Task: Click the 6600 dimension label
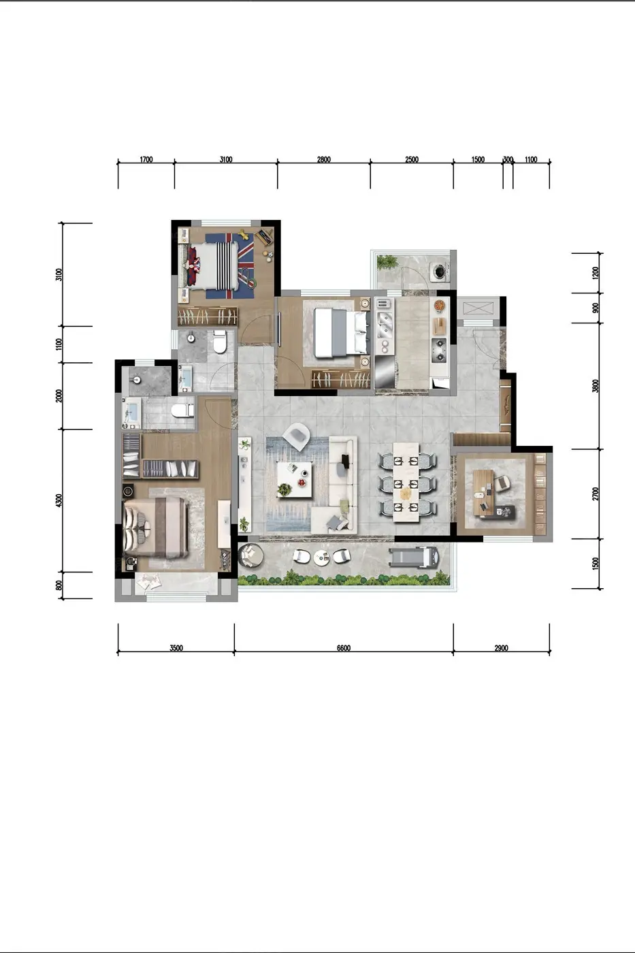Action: [x=343, y=648]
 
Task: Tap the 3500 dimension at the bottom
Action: [x=176, y=648]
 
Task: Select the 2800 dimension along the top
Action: [x=324, y=159]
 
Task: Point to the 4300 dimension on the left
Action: [x=59, y=500]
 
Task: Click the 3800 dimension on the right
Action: [x=596, y=386]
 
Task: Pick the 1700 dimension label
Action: [x=146, y=159]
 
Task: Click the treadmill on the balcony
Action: [x=414, y=558]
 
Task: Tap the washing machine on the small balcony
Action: [x=440, y=271]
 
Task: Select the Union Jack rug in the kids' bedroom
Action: [x=229, y=266]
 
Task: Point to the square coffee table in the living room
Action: [x=294, y=480]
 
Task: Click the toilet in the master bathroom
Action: [x=182, y=411]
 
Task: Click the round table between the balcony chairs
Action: [x=321, y=558]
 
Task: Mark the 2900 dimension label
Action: [x=501, y=648]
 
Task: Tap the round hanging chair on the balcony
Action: [x=250, y=555]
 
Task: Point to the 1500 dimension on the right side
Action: [x=596, y=564]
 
